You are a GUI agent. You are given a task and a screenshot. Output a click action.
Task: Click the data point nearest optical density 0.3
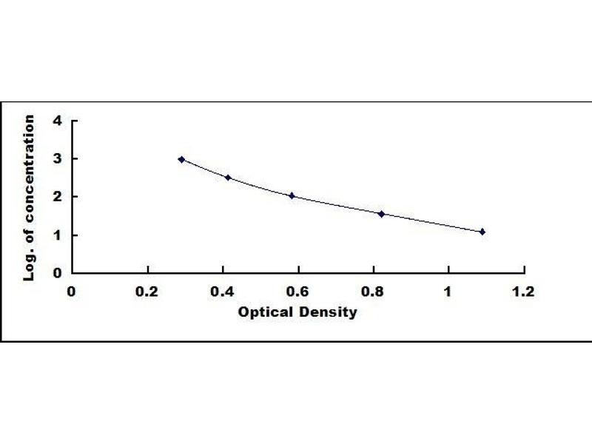point(181,159)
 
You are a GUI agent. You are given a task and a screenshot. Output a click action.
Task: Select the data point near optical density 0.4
point(228,178)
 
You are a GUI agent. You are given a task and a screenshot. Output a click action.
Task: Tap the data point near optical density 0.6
point(292,196)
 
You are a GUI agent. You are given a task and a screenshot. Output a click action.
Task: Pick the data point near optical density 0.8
point(382,214)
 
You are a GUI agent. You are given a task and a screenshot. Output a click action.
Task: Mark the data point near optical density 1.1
point(482,232)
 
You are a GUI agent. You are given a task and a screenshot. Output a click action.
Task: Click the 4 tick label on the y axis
point(56,120)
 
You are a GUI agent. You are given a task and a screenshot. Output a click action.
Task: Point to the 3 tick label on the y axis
point(56,158)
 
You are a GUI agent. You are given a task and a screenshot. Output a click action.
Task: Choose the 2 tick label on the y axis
point(56,197)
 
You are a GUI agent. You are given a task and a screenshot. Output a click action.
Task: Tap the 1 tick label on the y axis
point(56,235)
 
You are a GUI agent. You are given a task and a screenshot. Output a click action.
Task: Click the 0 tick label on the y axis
point(56,273)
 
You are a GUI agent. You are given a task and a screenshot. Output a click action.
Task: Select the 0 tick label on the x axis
point(72,292)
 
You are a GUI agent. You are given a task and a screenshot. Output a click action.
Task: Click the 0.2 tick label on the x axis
point(147,292)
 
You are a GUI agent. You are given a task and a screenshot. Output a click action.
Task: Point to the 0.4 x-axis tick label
point(223,292)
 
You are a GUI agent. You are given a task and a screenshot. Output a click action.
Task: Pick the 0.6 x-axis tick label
point(297,292)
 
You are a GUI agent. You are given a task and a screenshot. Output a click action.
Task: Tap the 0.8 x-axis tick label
point(373,292)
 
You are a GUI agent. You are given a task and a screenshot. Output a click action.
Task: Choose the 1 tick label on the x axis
point(448,292)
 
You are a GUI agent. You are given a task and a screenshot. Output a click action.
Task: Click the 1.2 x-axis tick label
point(523,292)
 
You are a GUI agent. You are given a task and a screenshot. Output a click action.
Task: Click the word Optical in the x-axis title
point(262,312)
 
